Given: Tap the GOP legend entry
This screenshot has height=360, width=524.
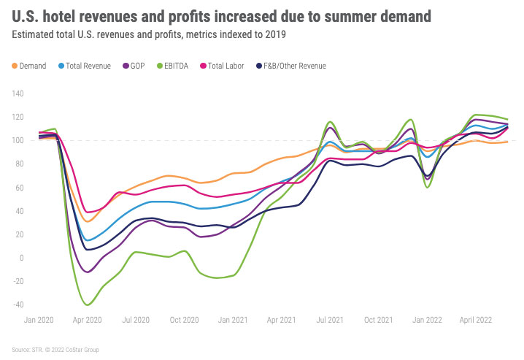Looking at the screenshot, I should pos(136,66).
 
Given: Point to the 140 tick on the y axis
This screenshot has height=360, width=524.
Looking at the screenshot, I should pos(18,93).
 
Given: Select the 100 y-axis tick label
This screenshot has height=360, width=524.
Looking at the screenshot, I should pos(18,140).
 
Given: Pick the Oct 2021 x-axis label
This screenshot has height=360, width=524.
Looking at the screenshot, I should pos(377,319).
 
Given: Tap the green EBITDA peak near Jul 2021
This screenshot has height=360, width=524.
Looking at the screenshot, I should pos(330,122).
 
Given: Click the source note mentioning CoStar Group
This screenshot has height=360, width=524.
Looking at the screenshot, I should pos(55,350).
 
